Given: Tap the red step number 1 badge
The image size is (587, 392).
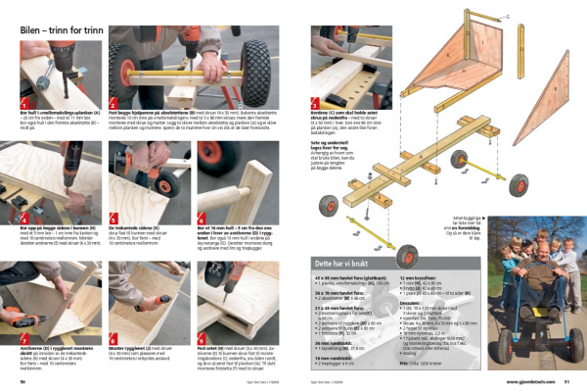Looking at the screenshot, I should [25, 103].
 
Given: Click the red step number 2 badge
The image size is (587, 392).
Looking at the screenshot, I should [113, 103].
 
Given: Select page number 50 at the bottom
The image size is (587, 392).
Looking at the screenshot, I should [23, 380].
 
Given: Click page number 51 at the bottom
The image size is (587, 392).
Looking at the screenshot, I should [565, 380].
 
